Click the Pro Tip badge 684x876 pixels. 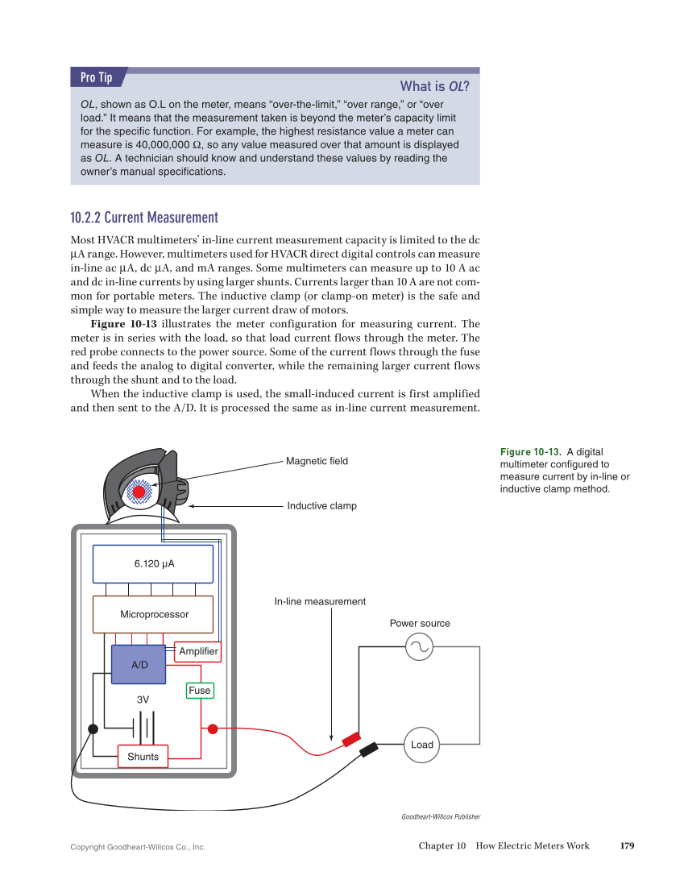[96, 77]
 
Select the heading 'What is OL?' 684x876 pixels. [435, 86]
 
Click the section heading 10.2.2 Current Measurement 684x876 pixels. [144, 218]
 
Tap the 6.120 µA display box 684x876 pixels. [153, 563]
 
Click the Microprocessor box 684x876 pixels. [154, 614]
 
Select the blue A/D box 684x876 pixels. [139, 665]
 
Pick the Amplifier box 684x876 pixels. [198, 651]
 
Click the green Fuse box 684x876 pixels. [200, 691]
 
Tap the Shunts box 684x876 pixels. [143, 757]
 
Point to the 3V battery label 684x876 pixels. [143, 700]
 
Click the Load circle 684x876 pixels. [422, 745]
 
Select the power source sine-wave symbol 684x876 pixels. [420, 646]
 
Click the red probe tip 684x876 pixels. [351, 739]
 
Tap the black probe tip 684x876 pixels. [370, 749]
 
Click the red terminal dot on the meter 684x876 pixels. [213, 729]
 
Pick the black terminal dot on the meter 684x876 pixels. [93, 729]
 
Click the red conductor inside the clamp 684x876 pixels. [139, 492]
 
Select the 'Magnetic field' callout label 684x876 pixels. [317, 461]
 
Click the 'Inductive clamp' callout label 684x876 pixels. [321, 506]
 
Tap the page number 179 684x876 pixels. [627, 845]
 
